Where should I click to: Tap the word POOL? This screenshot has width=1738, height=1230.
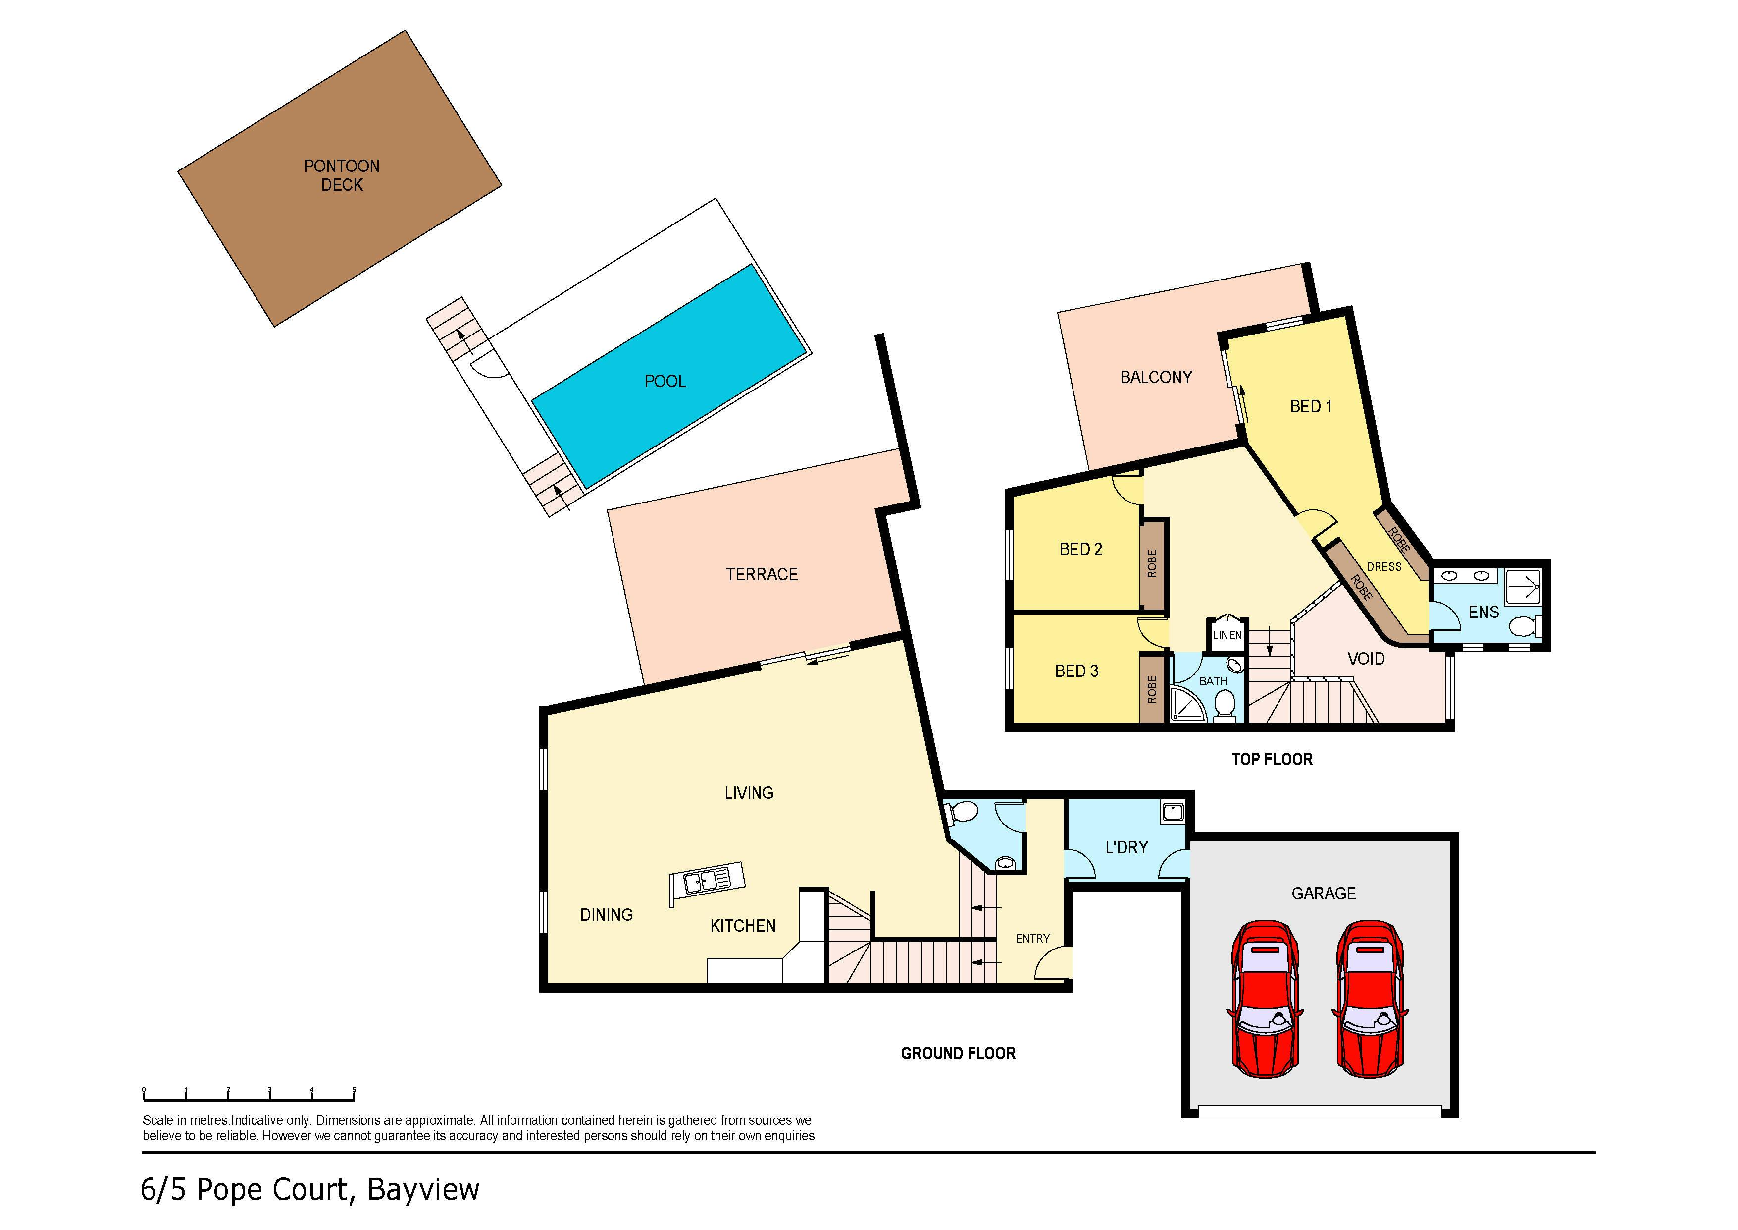pos(665,381)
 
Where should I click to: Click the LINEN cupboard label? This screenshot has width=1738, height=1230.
pos(1227,635)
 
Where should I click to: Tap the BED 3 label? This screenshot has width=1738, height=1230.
pos(1076,671)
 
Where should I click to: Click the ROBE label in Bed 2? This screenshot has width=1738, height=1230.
pos(1152,563)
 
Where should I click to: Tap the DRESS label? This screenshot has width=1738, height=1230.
pos(1384,566)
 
